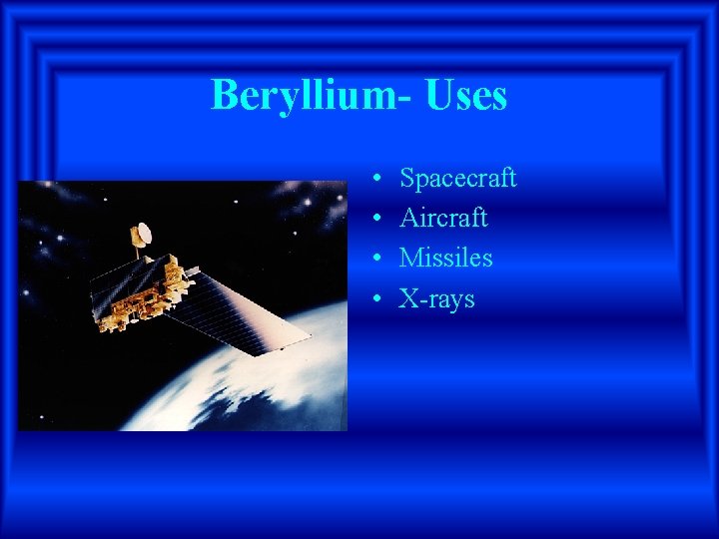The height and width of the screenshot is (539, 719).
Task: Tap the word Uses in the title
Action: pos(466,96)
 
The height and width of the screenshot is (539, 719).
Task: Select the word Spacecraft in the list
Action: pos(457,179)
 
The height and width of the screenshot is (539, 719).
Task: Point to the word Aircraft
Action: pos(443,219)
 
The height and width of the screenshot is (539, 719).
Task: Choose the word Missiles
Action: pos(445,259)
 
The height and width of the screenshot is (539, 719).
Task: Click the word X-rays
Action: pos(436,298)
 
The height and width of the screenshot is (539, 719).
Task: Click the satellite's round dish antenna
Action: pos(143,234)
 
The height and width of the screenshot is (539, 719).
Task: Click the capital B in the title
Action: pos(224,96)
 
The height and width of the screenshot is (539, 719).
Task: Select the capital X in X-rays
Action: pos(407,297)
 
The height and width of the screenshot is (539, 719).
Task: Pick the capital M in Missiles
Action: pos(410,258)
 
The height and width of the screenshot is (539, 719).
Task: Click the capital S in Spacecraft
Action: pos(406,179)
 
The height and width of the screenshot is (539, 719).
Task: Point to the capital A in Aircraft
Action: pos(408,218)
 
